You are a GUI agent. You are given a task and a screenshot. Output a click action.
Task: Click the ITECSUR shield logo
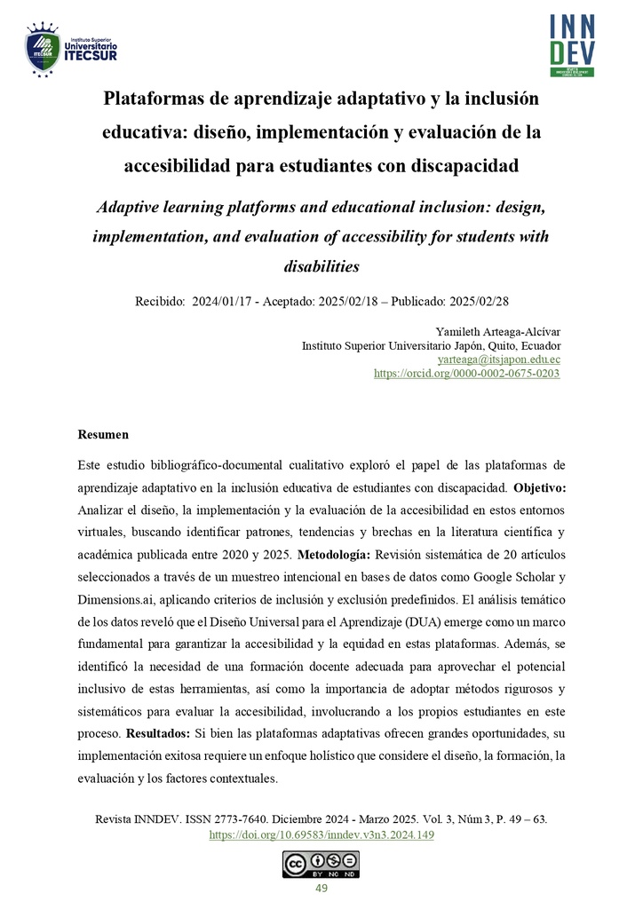42,50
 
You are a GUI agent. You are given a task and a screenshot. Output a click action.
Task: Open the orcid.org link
467,374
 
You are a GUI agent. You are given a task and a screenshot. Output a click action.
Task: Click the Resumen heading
103,435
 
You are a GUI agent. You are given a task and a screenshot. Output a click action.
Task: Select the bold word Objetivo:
539,488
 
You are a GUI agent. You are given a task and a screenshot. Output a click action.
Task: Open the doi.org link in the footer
321,834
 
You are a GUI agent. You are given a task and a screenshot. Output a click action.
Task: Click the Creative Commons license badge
321,864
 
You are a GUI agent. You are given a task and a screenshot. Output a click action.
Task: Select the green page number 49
321,889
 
